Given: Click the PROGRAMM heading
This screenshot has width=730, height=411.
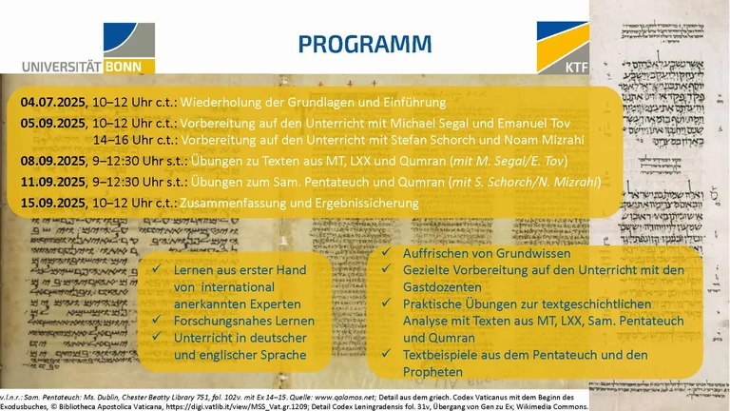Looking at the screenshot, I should click(364, 45).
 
